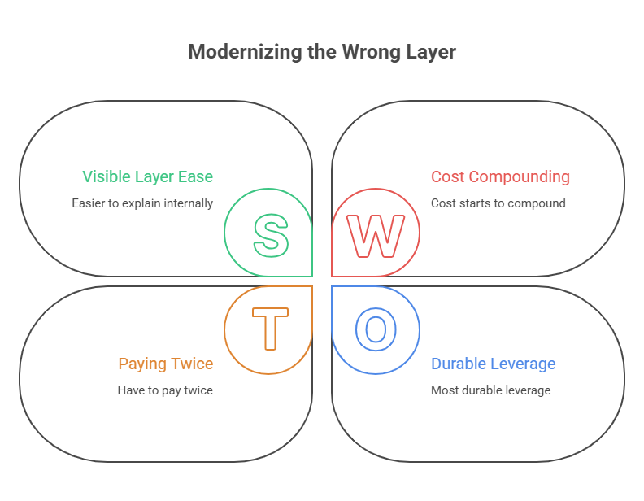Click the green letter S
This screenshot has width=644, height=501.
click(271, 233)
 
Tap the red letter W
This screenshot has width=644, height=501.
click(376, 234)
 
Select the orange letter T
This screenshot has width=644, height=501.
click(269, 329)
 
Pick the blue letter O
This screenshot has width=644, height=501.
click(376, 329)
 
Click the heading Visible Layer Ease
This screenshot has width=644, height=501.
click(147, 176)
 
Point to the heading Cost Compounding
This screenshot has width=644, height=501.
click(500, 176)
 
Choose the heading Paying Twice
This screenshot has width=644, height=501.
click(165, 364)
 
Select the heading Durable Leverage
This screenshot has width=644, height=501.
click(493, 364)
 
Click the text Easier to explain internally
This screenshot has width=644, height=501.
click(142, 203)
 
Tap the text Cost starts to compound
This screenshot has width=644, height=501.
click(498, 203)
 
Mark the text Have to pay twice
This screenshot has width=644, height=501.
click(165, 390)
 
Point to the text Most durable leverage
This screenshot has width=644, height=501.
click(490, 390)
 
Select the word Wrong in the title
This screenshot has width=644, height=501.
click(371, 52)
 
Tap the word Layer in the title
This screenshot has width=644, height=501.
click(430, 52)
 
